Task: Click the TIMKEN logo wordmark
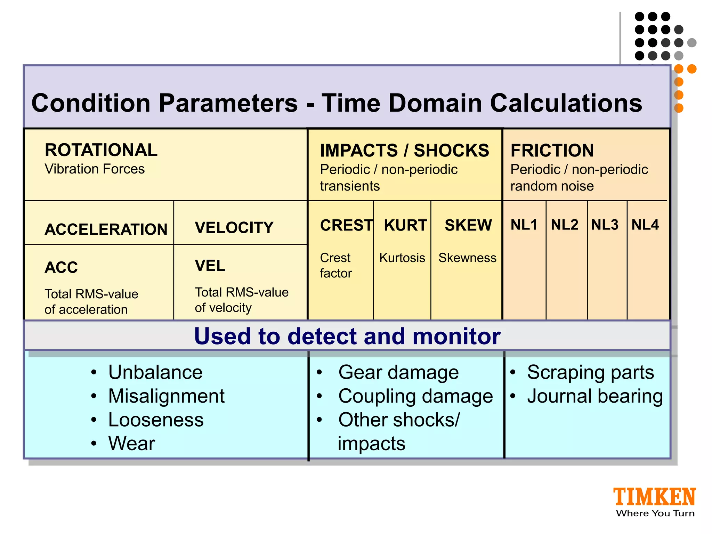pos(654,497)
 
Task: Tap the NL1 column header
pos(524,225)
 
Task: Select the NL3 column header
pos(605,225)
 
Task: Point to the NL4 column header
pos(645,225)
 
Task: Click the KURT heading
pos(405,225)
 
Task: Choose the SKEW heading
pos(468,225)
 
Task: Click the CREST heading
pos(346,225)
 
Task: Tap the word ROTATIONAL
pos(101,150)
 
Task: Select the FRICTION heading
pos(552,151)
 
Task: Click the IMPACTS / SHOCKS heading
pos(404,151)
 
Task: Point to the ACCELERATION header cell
pos(106,229)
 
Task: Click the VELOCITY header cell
pos(234,228)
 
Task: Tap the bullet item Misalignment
pos(166,396)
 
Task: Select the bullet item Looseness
pos(156,420)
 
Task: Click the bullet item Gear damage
pos(398,372)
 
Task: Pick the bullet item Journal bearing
pos(595,396)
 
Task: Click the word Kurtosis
pos(402,258)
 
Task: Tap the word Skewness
pos(467,258)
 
